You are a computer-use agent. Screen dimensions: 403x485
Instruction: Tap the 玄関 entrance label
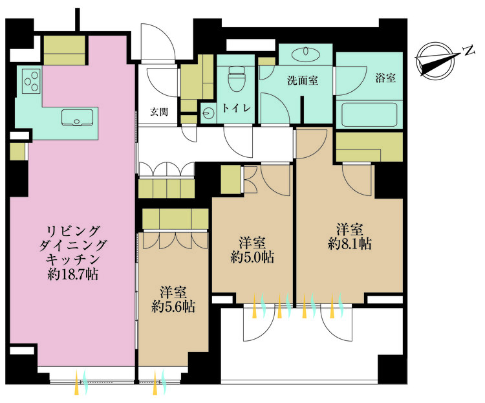tap(159, 111)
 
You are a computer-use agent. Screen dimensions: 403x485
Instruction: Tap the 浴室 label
tap(385, 78)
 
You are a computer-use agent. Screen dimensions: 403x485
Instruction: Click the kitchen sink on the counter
tap(76, 118)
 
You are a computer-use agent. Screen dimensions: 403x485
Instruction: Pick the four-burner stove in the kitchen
tap(31, 80)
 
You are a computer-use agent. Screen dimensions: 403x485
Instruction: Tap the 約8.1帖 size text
tap(349, 244)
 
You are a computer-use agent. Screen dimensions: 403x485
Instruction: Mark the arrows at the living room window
tap(81, 382)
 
